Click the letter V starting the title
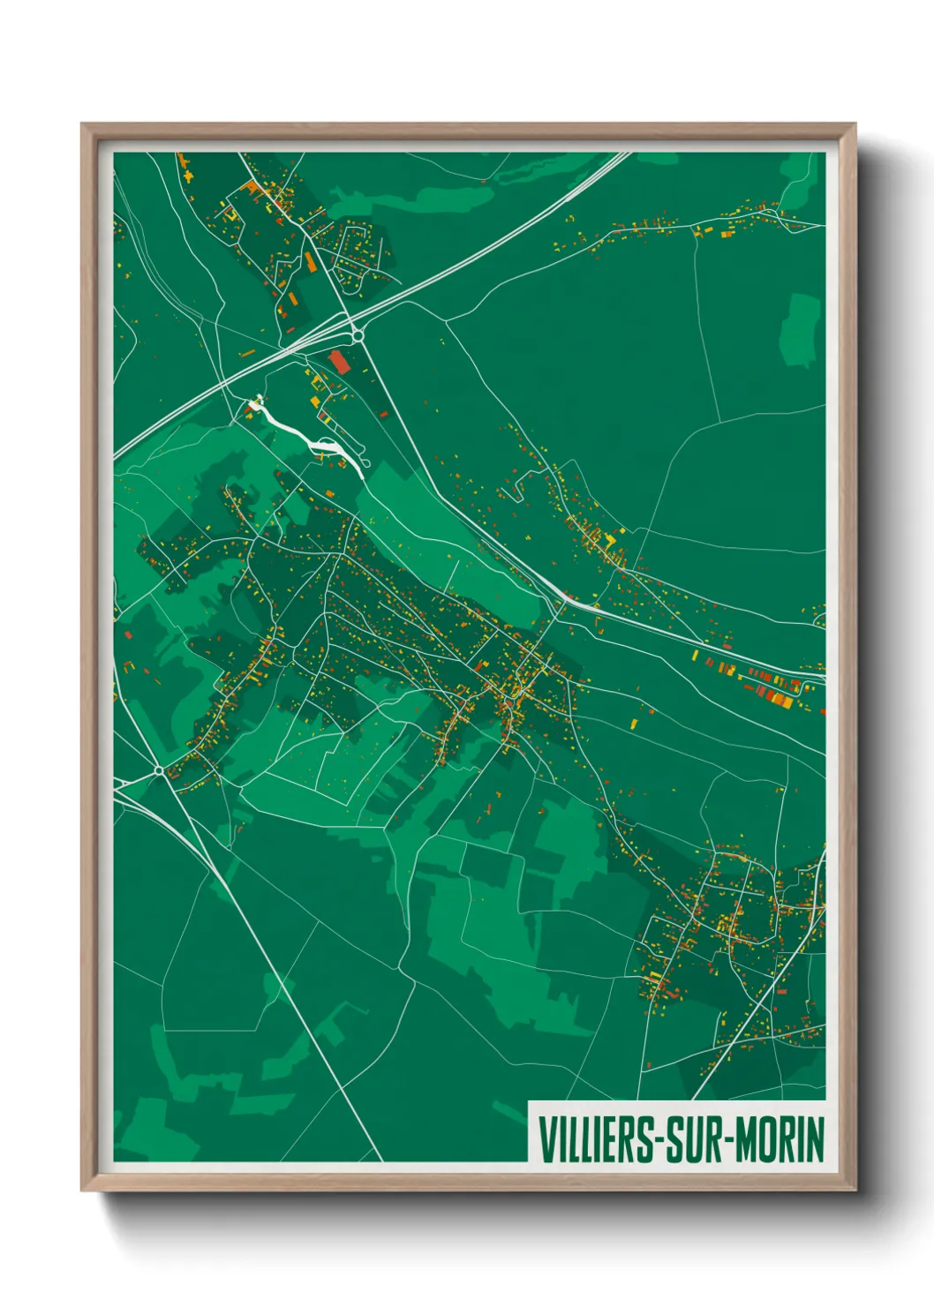(545, 1139)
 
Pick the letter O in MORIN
(765, 1139)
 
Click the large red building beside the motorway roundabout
(339, 362)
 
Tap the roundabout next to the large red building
(358, 335)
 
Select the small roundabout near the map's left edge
(159, 770)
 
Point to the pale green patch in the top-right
(802, 330)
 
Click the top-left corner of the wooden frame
(83, 125)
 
